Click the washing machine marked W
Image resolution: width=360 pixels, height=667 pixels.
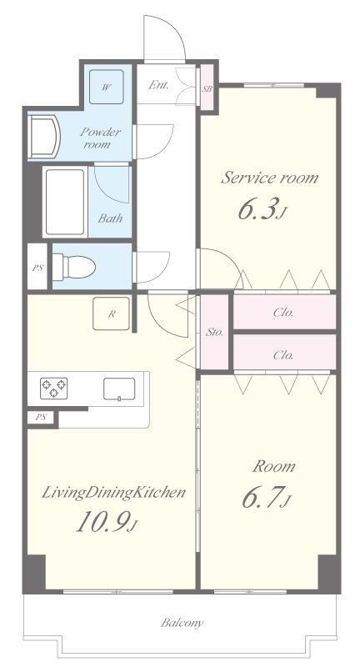(107, 87)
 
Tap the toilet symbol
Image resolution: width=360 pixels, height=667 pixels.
(74, 267)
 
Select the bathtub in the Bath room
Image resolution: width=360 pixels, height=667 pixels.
(65, 202)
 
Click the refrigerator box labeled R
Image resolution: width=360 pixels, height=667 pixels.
(112, 313)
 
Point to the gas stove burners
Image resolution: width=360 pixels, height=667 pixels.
(54, 388)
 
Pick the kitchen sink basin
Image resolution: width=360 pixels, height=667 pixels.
(119, 389)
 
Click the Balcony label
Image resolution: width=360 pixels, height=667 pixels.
(182, 623)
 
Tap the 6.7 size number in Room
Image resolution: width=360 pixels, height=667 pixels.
(266, 499)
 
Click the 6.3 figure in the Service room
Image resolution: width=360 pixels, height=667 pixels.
(260, 210)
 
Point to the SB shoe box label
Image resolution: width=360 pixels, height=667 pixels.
(207, 89)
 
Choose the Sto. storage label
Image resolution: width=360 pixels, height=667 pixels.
(215, 332)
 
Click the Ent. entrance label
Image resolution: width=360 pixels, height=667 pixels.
(158, 85)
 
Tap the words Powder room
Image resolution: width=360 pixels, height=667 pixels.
(99, 138)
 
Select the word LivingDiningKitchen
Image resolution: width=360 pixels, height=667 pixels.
(113, 493)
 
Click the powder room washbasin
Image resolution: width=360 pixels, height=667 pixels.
(44, 137)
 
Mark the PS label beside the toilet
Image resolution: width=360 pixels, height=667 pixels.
(37, 268)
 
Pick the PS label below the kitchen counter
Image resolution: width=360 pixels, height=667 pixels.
(40, 418)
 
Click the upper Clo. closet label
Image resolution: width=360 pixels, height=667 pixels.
(283, 313)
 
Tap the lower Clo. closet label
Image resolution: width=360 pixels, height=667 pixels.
(283, 355)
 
